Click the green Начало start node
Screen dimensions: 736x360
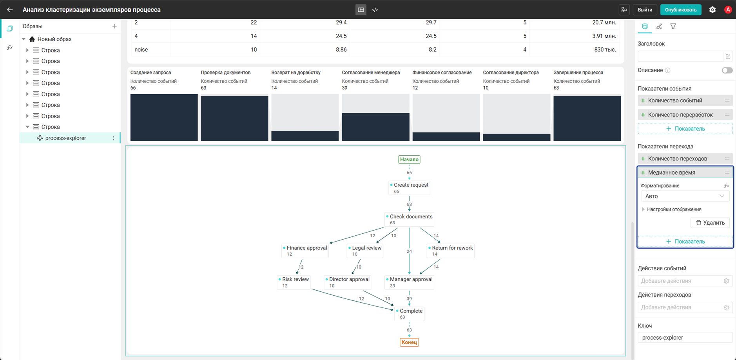coord(409,160)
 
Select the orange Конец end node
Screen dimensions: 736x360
coord(409,342)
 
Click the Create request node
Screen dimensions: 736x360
coord(409,188)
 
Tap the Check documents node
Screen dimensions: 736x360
coord(409,220)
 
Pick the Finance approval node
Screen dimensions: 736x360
coord(305,251)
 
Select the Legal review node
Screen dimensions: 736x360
coord(365,251)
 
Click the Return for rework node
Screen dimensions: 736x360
coord(451,251)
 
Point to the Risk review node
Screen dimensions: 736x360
coord(294,282)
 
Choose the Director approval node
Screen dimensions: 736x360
coord(348,282)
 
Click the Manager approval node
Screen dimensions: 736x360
coord(409,282)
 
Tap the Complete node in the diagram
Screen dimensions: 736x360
coord(409,314)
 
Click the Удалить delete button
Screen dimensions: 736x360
coord(710,223)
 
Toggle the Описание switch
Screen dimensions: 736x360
coord(727,71)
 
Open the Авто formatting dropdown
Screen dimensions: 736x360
coord(685,196)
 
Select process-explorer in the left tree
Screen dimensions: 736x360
coord(65,138)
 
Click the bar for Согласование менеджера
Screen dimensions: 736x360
coord(375,127)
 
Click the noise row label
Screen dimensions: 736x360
coord(141,50)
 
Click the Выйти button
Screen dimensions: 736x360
coord(645,10)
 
